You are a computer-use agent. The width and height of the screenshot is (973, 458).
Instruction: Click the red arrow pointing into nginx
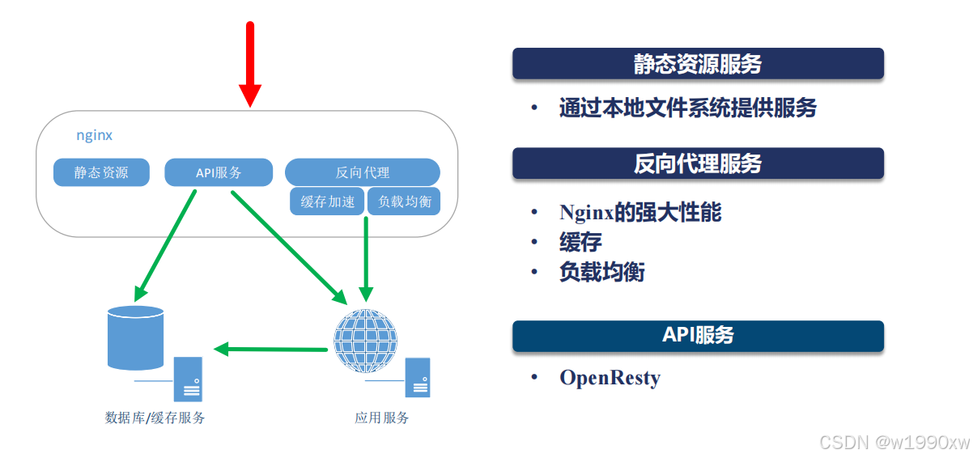point(250,65)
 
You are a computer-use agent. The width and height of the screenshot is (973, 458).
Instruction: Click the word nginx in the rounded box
point(94,135)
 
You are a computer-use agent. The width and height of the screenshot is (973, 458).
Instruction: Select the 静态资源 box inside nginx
point(101,172)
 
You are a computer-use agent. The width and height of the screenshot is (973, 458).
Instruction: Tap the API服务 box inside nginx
point(219,172)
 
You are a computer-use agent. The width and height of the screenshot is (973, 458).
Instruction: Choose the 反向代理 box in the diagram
point(362,172)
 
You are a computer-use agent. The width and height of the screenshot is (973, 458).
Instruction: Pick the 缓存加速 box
point(327,201)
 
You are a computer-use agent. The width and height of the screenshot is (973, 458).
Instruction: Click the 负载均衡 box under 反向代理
point(403,201)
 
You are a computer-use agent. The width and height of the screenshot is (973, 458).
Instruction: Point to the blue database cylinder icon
point(135,337)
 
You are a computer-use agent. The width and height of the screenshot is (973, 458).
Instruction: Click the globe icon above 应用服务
point(366,340)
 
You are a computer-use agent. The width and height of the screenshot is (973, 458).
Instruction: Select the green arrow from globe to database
point(271,350)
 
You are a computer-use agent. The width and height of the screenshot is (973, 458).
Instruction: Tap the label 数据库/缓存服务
point(155,418)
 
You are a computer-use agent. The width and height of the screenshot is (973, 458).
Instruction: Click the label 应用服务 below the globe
point(382,418)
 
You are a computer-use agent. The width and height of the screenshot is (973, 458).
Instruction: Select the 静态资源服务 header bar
point(698,64)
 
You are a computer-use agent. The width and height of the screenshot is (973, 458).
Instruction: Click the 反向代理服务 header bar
point(698,163)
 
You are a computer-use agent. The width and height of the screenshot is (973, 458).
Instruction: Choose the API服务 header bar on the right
point(698,335)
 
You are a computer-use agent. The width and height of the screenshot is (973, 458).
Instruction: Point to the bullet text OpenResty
point(610,378)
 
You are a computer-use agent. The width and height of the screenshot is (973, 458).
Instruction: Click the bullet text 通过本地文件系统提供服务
point(687,108)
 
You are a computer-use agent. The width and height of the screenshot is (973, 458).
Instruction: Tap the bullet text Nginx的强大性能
point(639,213)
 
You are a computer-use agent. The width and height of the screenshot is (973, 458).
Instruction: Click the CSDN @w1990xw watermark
point(894,442)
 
